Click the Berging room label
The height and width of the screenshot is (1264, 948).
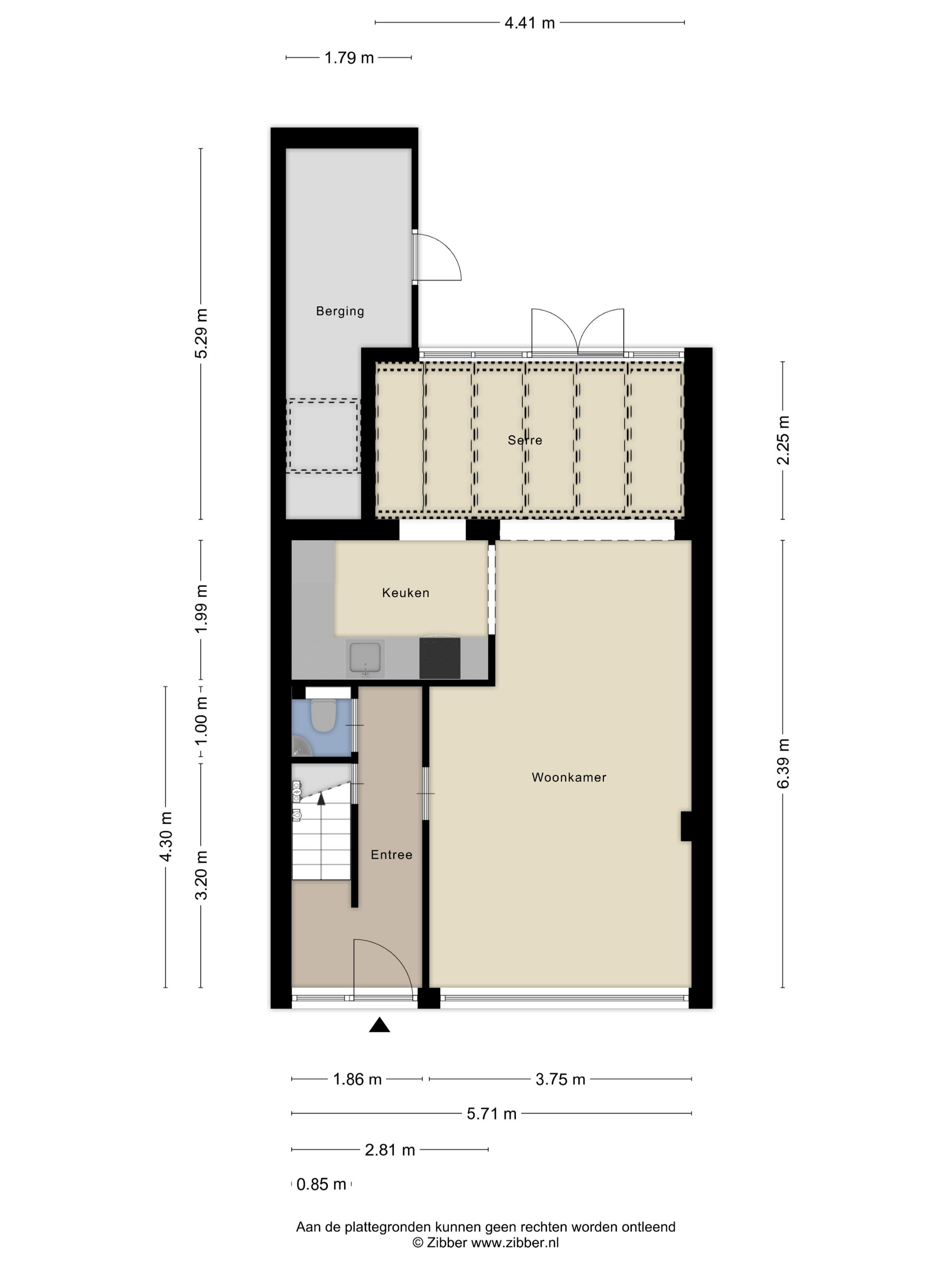click(x=340, y=311)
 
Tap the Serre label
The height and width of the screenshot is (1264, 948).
click(x=525, y=440)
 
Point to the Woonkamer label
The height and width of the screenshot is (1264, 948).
click(x=568, y=777)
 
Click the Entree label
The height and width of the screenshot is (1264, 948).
click(x=391, y=855)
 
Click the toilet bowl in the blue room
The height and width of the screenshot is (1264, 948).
click(x=323, y=716)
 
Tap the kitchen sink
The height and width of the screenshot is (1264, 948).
click(x=365, y=658)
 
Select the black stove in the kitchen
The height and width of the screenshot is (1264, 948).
click(x=439, y=658)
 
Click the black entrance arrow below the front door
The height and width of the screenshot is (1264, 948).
click(x=380, y=1025)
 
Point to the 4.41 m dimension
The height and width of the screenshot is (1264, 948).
click(x=530, y=23)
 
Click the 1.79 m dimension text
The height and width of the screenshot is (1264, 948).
click(x=349, y=58)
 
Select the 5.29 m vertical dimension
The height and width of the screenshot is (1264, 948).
click(x=201, y=333)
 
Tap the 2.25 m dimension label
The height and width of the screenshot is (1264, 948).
click(x=783, y=440)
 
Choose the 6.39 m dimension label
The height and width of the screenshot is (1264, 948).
click(x=783, y=763)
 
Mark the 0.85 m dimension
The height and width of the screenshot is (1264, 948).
click(x=321, y=1184)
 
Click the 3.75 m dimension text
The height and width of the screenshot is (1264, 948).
click(x=560, y=1079)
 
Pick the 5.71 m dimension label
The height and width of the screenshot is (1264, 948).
click(x=492, y=1114)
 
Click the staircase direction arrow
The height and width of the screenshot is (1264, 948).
click(x=321, y=799)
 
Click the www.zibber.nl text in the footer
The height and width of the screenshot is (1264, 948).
click(x=514, y=1242)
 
